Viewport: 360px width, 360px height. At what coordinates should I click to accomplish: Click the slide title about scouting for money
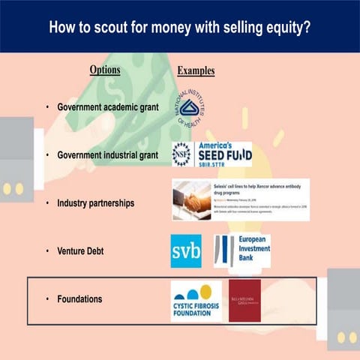point(180,28)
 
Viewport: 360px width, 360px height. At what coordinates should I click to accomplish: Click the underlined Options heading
point(104,70)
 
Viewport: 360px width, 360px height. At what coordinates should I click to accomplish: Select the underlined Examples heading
point(196,71)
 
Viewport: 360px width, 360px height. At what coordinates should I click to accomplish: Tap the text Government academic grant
point(107,108)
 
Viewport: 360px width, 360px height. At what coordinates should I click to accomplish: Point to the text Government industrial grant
point(107,155)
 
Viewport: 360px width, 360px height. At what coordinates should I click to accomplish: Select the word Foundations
point(79,298)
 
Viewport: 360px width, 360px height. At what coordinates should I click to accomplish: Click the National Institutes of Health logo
point(192,107)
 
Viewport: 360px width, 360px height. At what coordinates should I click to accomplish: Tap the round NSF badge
point(181,154)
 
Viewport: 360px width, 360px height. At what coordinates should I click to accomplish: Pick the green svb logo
point(186,251)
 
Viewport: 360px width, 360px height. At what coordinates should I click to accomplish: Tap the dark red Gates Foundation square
point(244,300)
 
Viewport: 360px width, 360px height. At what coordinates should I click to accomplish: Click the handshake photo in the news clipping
point(191,202)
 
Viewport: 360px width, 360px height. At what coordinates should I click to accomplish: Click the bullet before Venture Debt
point(48,250)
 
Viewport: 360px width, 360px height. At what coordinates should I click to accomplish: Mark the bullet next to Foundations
point(48,298)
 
